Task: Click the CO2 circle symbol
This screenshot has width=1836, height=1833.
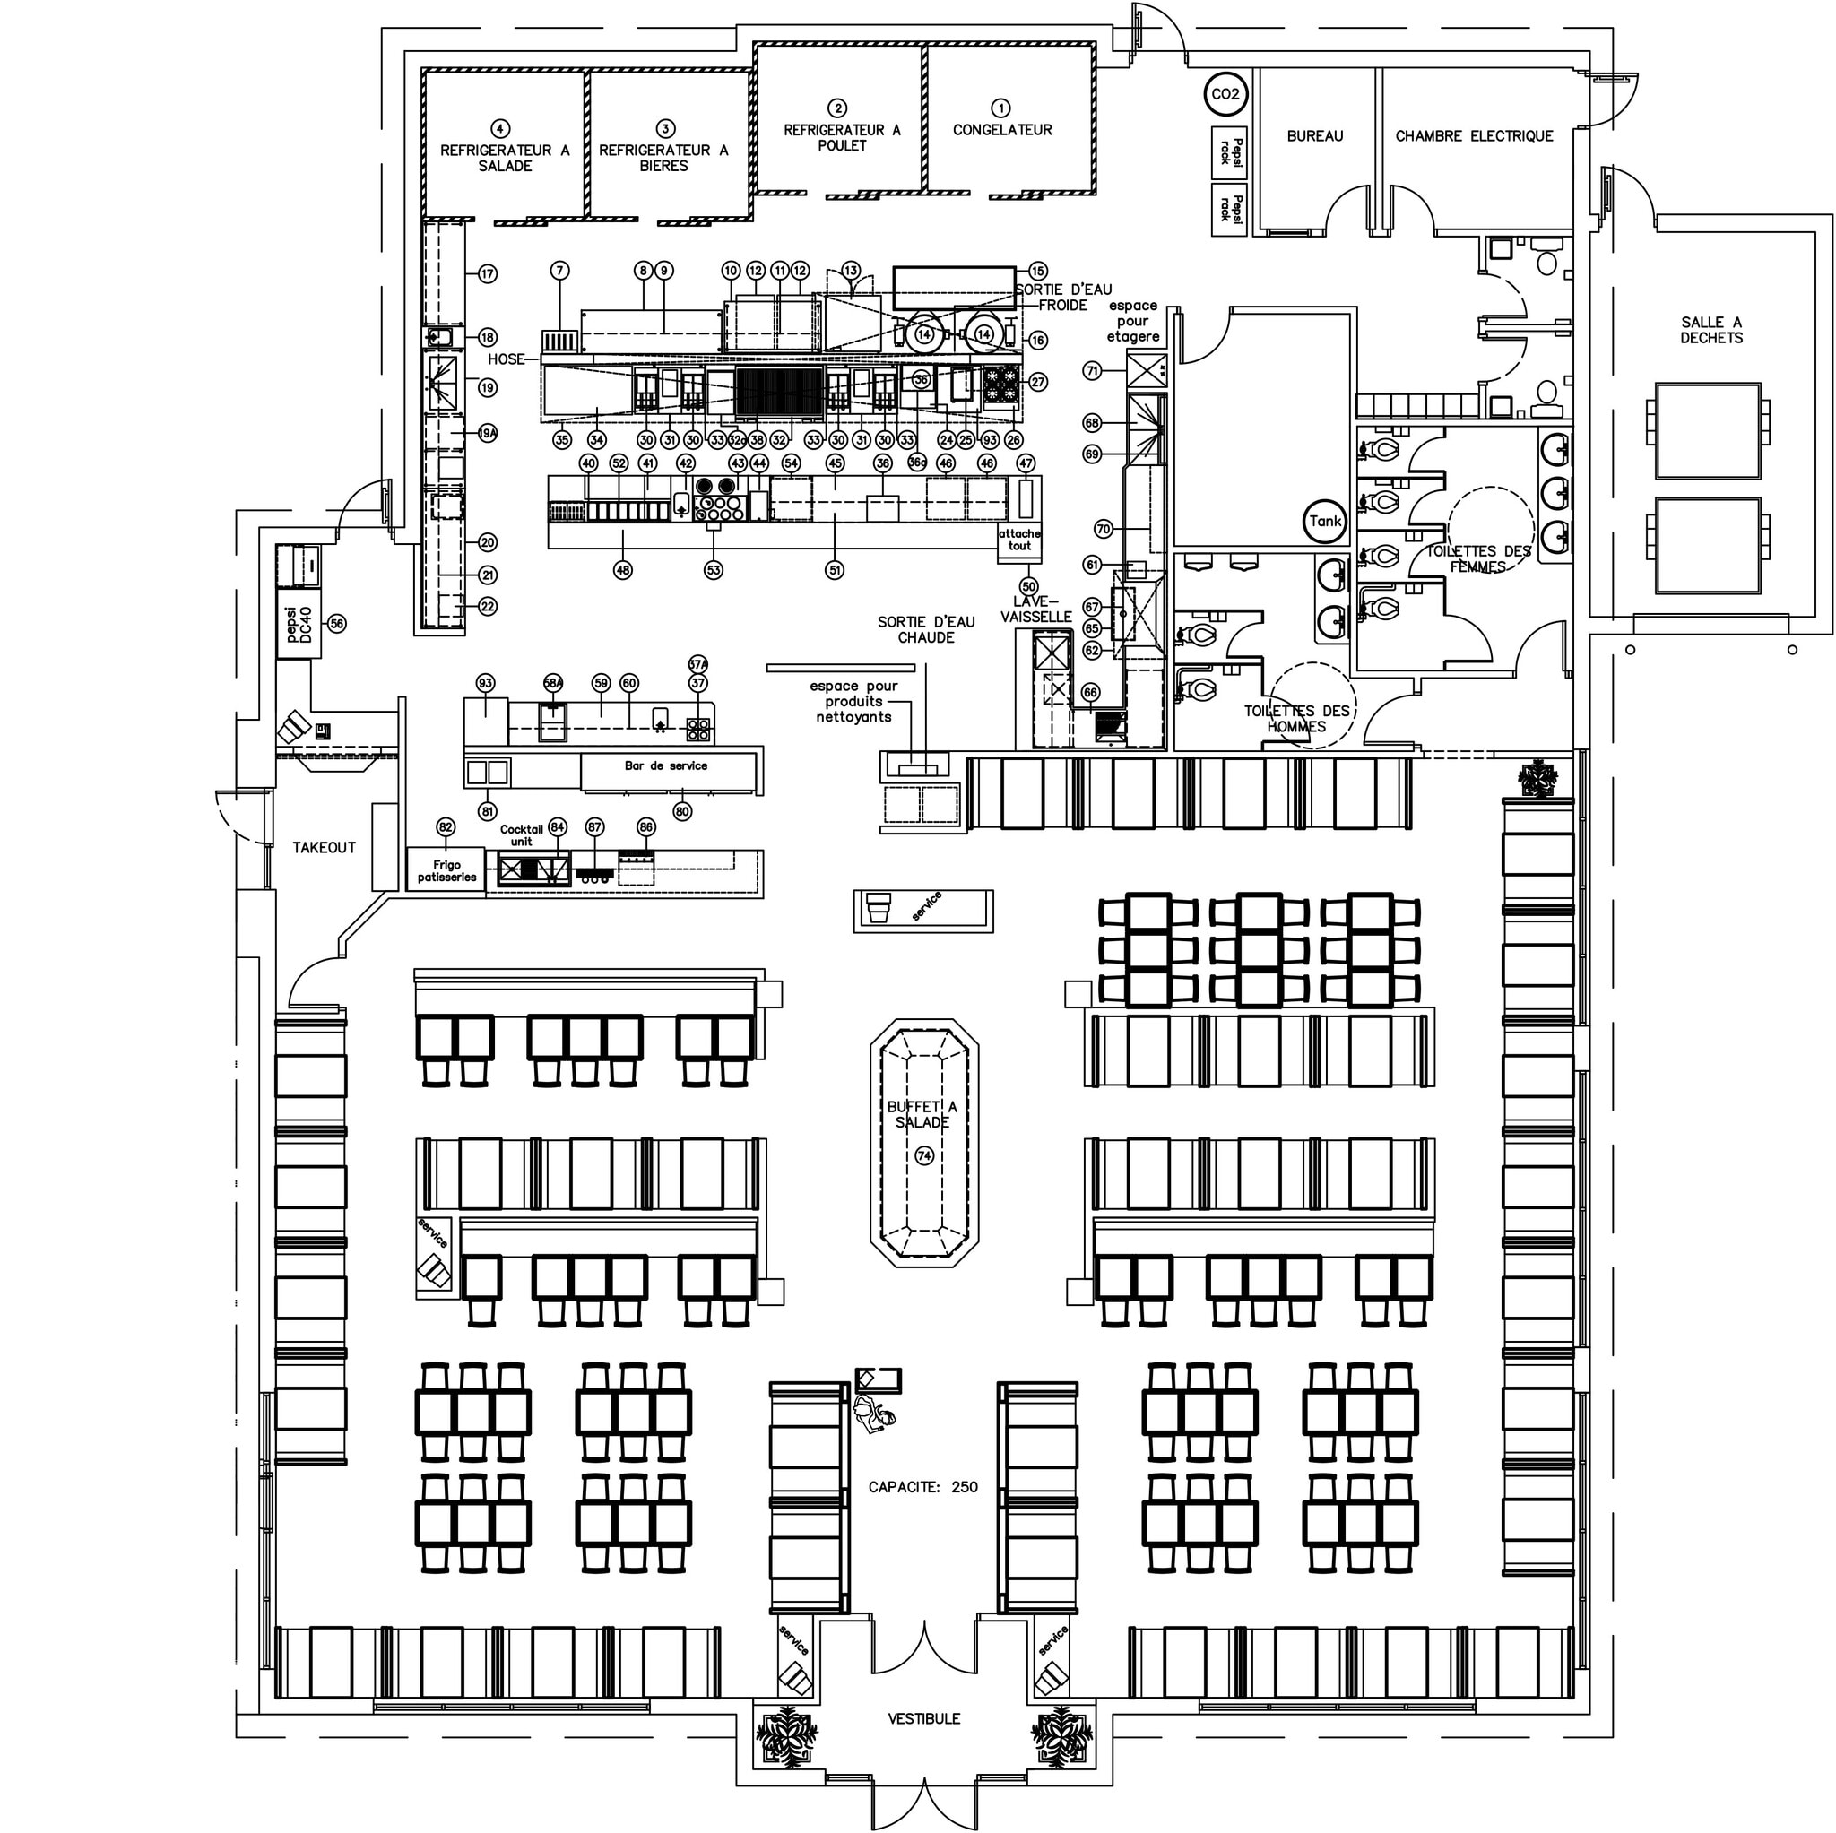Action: click(x=1224, y=94)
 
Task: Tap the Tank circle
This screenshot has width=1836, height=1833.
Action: click(x=1325, y=521)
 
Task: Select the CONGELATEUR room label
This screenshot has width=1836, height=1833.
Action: click(x=1001, y=130)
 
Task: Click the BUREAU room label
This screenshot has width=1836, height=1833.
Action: click(x=1314, y=136)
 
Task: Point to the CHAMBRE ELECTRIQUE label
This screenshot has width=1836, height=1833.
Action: click(x=1473, y=136)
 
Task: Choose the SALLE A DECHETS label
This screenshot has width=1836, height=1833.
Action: click(x=1710, y=330)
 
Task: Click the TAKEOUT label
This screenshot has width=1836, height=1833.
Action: click(x=324, y=847)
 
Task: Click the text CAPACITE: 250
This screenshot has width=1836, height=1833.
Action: click(x=922, y=1486)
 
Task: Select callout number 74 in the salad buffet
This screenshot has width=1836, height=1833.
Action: click(x=923, y=1155)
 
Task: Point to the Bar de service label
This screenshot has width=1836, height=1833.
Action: click(x=665, y=765)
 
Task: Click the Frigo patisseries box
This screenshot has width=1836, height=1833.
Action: click(x=446, y=870)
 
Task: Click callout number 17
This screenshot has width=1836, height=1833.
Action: click(x=488, y=274)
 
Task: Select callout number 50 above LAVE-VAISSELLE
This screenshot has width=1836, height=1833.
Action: click(x=1028, y=586)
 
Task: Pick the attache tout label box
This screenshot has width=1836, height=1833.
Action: click(x=1018, y=540)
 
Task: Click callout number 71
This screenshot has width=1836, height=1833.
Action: click(x=1093, y=370)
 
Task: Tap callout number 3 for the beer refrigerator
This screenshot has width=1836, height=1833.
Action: click(x=665, y=128)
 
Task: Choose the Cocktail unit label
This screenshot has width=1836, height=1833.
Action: click(x=521, y=835)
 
